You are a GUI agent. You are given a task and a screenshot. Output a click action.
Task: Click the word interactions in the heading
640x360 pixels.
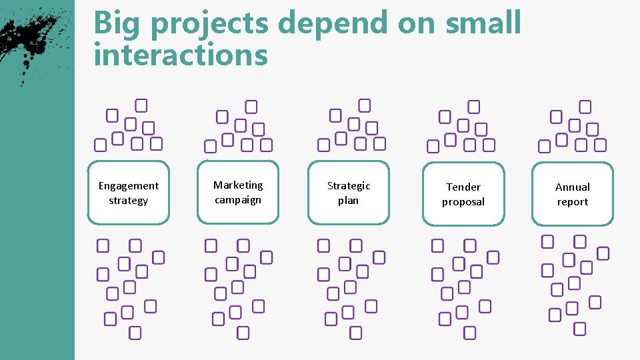[x=181, y=55]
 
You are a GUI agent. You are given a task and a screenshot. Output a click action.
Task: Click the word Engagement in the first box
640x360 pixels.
[x=129, y=186]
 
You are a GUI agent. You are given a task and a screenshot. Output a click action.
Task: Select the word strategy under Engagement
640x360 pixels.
[x=129, y=201]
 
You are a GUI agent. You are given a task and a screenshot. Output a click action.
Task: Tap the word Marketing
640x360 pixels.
[x=238, y=185]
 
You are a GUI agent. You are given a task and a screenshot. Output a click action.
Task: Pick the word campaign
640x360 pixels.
[x=238, y=200]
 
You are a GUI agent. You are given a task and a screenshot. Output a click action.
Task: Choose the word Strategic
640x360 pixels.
[x=348, y=186]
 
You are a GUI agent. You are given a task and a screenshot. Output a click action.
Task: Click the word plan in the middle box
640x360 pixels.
[x=348, y=201]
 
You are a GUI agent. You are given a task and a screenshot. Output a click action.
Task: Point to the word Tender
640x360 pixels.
[x=463, y=187]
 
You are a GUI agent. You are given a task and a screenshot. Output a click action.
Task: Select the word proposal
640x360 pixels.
[x=463, y=202]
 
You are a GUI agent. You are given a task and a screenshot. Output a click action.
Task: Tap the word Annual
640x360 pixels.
[x=573, y=187]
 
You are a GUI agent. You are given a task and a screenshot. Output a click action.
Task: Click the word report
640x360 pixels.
[x=573, y=202]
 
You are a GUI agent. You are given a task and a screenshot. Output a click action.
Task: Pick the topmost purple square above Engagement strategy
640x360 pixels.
[x=141, y=105]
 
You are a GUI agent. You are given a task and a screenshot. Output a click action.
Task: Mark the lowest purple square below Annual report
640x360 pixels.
[x=579, y=329]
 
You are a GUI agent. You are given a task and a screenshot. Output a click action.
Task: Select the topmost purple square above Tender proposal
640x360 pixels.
[x=473, y=107]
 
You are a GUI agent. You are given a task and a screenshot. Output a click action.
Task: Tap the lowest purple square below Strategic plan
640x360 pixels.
[x=356, y=333]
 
